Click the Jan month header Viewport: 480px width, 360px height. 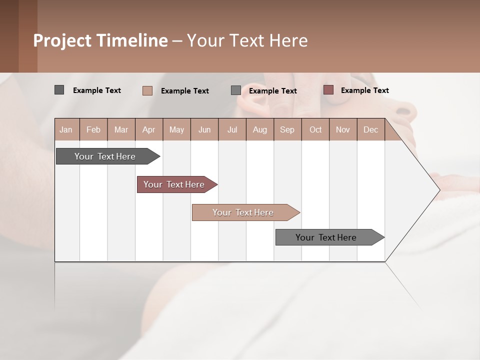click(x=66, y=129)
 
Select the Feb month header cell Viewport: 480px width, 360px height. click(x=93, y=129)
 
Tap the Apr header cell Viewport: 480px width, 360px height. click(x=149, y=129)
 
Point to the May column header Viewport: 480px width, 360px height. click(x=176, y=129)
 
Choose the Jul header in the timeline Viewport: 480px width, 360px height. click(x=232, y=129)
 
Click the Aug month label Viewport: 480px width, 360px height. click(x=260, y=129)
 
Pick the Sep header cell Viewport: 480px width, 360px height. click(x=287, y=129)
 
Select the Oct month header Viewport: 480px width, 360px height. click(x=315, y=129)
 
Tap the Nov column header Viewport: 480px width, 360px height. click(x=343, y=129)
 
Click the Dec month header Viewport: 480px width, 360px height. click(x=371, y=129)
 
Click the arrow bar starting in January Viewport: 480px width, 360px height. click(x=105, y=156)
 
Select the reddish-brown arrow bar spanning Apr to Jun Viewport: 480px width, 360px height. click(x=174, y=184)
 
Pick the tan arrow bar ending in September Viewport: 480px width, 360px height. click(x=243, y=212)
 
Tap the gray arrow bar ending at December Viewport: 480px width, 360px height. click(x=326, y=237)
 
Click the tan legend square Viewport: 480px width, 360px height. click(x=147, y=90)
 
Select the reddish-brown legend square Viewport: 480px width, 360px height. click(x=328, y=90)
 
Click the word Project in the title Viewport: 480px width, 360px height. click(x=62, y=40)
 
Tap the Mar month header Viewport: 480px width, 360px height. click(x=121, y=129)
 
